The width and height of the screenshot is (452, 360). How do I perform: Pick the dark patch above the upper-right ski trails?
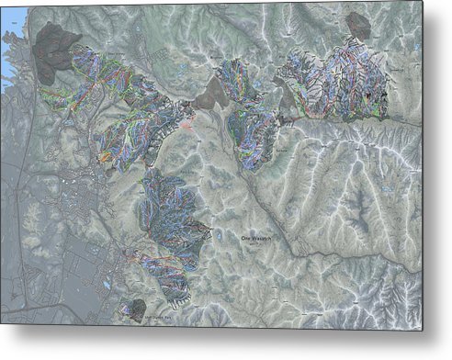(358, 26)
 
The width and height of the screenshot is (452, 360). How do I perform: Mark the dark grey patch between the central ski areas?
(214, 92)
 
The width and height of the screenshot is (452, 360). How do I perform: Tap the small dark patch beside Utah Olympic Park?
(137, 308)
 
